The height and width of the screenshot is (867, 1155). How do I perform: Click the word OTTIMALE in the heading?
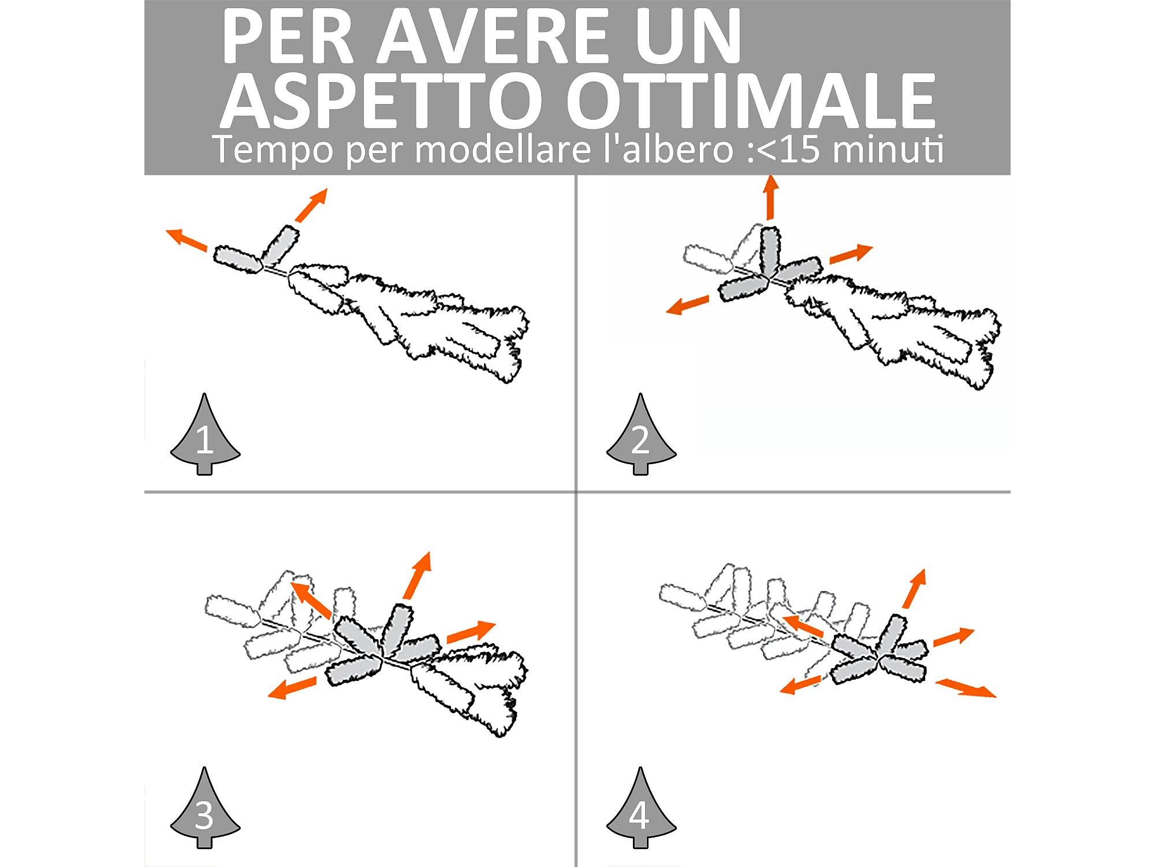tap(750, 101)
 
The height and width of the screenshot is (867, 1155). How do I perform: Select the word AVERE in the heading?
tap(494, 36)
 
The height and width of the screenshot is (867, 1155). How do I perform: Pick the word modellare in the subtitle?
tap(502, 149)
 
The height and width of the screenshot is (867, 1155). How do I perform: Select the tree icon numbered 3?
tap(205, 808)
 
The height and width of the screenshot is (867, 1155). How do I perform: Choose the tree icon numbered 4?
tap(641, 808)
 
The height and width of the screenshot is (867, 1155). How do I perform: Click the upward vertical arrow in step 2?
tap(770, 198)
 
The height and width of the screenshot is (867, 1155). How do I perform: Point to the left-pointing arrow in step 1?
tap(187, 240)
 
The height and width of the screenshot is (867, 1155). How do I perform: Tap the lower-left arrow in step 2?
tap(688, 305)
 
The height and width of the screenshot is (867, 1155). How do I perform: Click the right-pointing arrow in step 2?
tap(851, 254)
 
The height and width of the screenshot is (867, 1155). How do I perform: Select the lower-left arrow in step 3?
tap(292, 688)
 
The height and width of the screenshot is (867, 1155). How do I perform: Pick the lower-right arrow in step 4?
tap(966, 688)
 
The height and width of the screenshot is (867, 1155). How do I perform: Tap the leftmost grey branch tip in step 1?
tap(237, 260)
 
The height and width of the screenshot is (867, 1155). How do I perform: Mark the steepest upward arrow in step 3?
tap(418, 576)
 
